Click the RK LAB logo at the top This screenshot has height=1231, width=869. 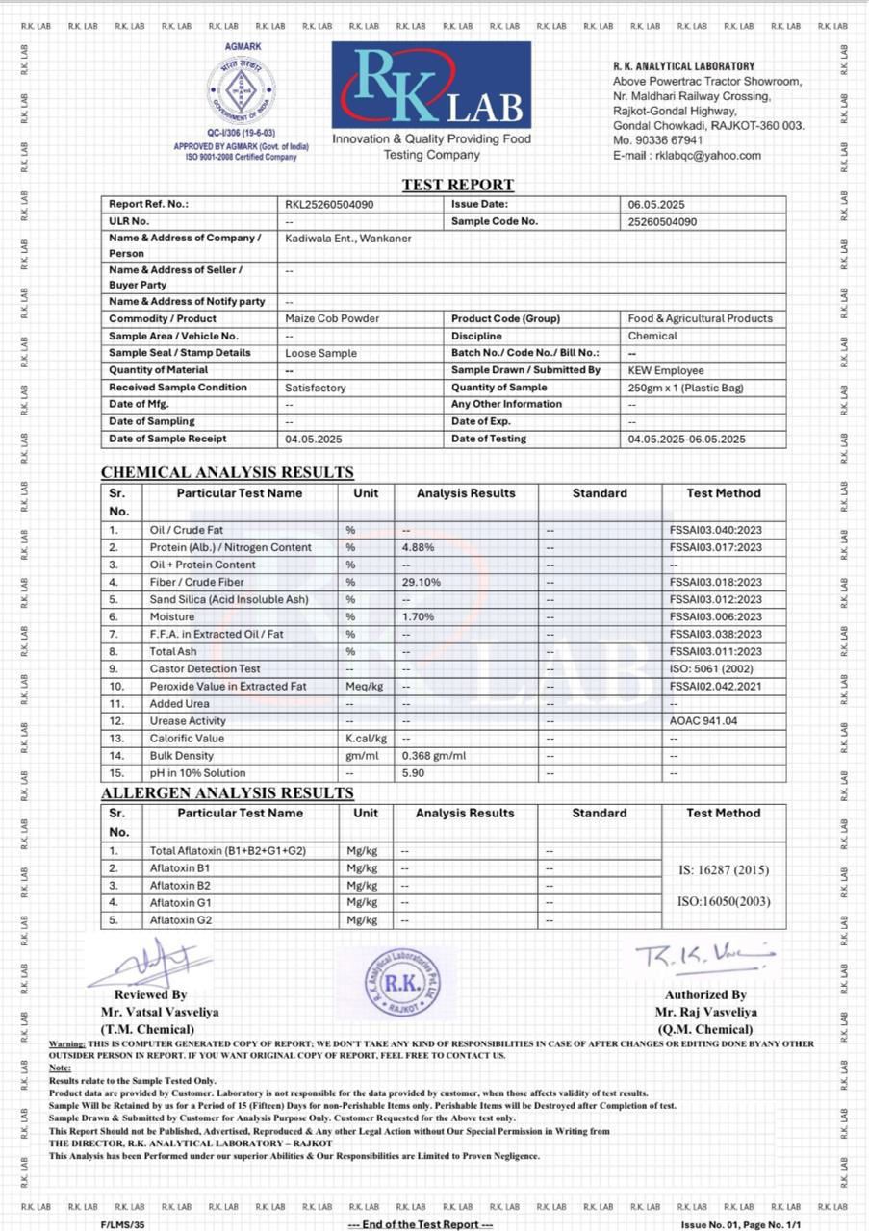coord(431,86)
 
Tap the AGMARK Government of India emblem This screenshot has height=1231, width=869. coord(242,91)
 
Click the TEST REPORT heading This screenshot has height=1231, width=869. coord(458,185)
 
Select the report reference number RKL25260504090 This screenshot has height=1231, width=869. coord(329,205)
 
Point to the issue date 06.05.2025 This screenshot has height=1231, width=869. coord(656,205)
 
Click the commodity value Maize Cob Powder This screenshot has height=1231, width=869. coord(332,319)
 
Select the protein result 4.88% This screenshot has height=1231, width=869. coord(421,548)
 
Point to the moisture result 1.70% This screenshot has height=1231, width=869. coord(421,617)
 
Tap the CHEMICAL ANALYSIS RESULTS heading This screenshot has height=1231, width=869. coord(227,473)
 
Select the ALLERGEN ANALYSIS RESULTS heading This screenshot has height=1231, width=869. coord(227,793)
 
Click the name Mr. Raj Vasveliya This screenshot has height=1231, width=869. coord(705,1012)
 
